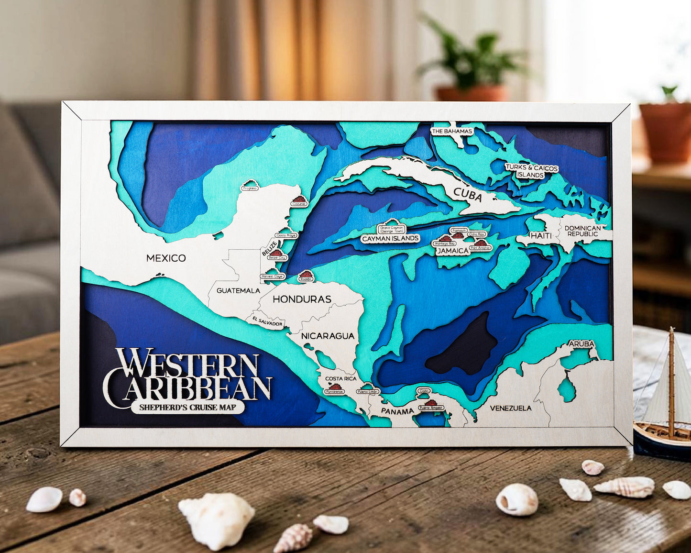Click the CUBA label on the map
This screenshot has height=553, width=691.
tap(468, 194)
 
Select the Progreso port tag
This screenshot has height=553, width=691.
tap(250, 188)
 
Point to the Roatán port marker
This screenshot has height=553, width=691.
tap(305, 279)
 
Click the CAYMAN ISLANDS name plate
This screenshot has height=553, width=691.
tap(390, 238)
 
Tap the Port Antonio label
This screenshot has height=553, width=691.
tap(480, 248)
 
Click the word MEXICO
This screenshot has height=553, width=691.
tap(166, 258)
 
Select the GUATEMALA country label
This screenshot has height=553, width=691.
tap(238, 290)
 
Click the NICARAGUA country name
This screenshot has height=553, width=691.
tap(328, 336)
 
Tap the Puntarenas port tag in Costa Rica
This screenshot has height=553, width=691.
tap(334, 391)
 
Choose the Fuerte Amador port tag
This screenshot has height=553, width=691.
tap(431, 408)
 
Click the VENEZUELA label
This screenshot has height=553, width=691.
tap(511, 408)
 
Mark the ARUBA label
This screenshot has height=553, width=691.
tap(581, 343)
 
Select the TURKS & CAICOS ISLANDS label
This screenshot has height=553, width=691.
tap(531, 171)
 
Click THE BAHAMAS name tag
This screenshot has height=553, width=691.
tap(451, 131)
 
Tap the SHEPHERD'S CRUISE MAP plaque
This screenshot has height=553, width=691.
tap(187, 408)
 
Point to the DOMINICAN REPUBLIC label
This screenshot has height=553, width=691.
tap(582, 231)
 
